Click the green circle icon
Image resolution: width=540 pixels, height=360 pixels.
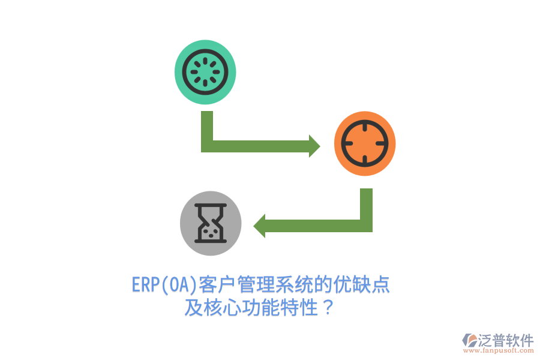(x=205, y=72)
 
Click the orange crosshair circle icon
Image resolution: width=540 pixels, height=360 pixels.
(x=365, y=143)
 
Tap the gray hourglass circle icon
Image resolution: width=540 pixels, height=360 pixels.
(x=211, y=223)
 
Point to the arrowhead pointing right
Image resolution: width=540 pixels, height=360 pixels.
(x=314, y=146)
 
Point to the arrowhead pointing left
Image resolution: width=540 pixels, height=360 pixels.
(x=259, y=226)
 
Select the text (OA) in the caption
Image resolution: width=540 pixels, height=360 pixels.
(x=178, y=285)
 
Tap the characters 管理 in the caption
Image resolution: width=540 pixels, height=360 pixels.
(x=255, y=285)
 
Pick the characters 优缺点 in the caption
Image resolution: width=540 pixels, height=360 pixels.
(x=361, y=285)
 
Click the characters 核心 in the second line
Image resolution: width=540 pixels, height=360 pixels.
(x=221, y=307)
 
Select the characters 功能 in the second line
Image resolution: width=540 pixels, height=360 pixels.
(x=260, y=307)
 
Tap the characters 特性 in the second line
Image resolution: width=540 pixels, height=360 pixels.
(x=298, y=307)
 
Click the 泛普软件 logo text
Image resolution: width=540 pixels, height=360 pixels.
(x=506, y=340)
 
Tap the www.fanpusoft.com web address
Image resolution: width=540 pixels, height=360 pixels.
(x=499, y=350)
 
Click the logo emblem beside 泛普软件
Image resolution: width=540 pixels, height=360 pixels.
(x=469, y=340)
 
